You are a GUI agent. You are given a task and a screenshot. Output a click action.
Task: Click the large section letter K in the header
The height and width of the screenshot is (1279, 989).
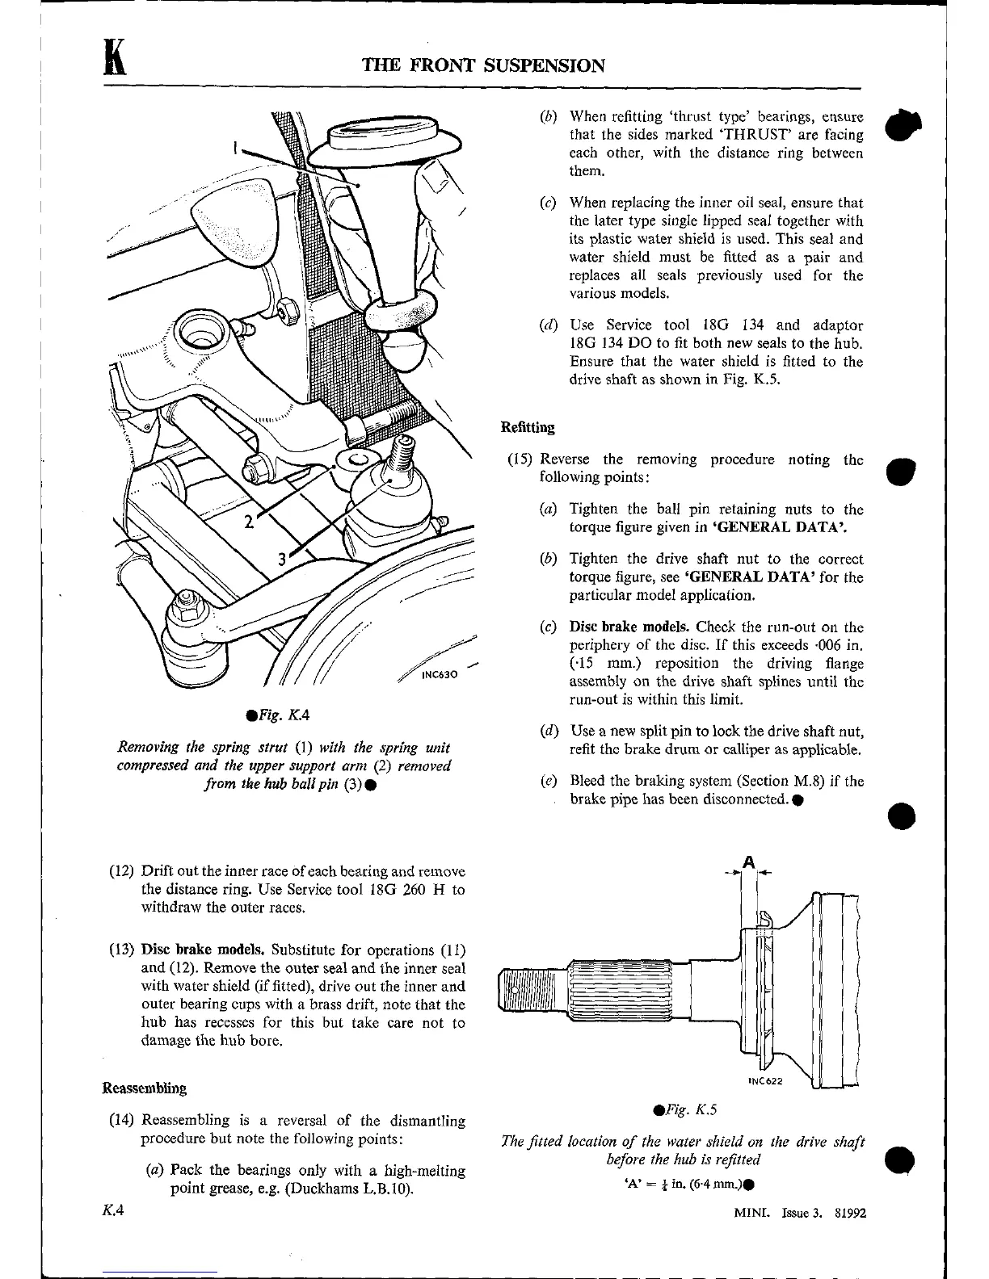114,60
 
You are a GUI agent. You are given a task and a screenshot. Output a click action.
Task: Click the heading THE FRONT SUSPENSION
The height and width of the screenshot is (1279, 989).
484,65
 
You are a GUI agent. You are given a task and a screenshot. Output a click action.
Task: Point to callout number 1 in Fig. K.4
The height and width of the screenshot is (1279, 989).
234,149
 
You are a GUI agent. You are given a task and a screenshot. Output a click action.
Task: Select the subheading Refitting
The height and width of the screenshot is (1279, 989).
528,427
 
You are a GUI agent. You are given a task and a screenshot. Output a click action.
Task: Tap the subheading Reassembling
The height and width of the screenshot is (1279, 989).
144,1088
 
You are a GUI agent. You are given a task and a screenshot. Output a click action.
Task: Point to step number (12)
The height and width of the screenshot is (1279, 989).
123,871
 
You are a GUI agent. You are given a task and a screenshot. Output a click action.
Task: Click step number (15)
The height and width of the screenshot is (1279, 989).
521,460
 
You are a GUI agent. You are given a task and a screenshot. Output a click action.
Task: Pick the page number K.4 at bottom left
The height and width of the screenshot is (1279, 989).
112,1212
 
